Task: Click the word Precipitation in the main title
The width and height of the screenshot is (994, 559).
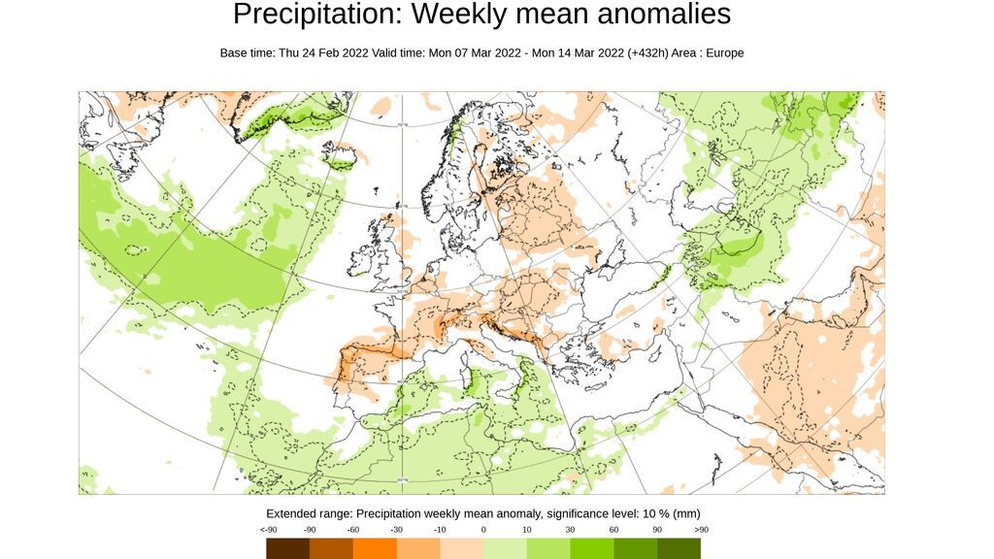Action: (307, 15)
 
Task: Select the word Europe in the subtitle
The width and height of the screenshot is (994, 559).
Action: (722, 53)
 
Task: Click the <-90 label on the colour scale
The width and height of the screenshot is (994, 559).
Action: (268, 530)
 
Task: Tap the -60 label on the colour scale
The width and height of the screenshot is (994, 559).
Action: (353, 530)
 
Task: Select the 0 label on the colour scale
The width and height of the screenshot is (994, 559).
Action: (483, 530)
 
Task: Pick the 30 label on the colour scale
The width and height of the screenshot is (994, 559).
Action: (570, 530)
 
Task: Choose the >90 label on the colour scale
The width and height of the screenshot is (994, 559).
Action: (700, 530)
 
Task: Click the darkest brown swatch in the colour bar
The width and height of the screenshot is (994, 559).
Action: (288, 549)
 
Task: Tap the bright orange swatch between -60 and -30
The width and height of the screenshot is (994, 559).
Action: (375, 549)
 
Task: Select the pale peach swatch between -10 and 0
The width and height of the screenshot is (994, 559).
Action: (461, 549)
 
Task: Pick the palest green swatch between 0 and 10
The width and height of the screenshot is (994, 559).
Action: (505, 549)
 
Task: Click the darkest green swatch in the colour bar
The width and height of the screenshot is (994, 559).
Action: (679, 549)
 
